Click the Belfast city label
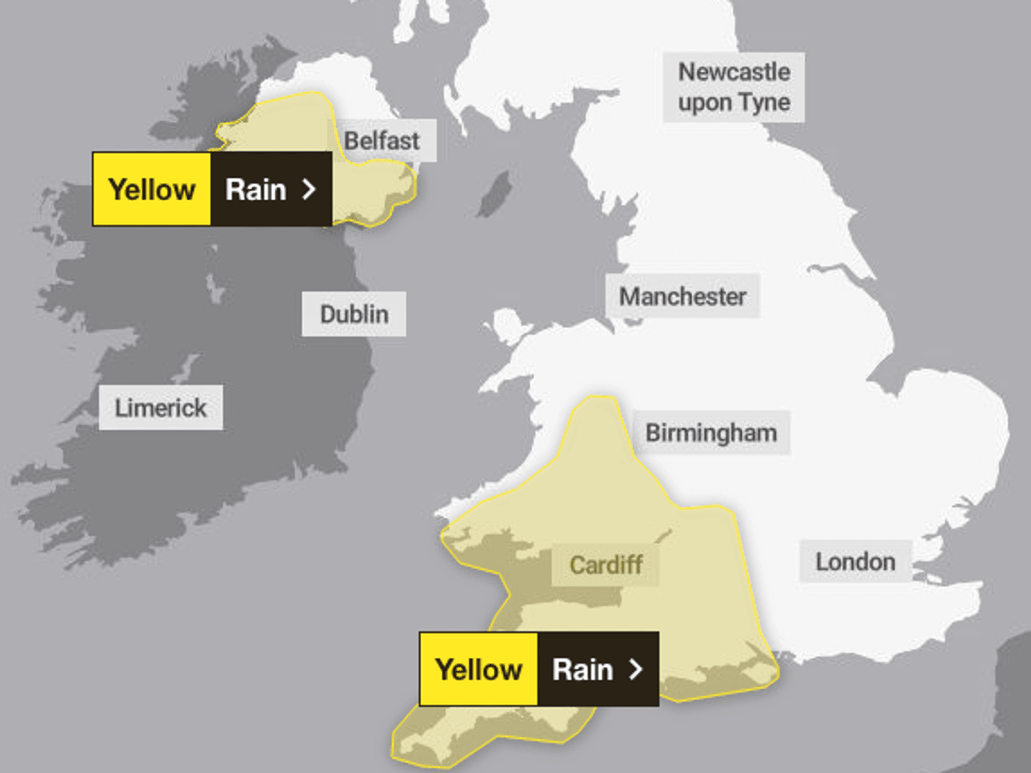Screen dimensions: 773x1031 pos(382,140)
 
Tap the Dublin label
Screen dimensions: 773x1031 pos(354,314)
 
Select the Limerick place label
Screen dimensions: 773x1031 pos(161,407)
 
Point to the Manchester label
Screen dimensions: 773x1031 pos(683,296)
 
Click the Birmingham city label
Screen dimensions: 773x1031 pos(711,432)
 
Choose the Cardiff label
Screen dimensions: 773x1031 pos(606,564)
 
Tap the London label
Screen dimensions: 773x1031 pos(855,561)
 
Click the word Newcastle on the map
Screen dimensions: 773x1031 pos(734,72)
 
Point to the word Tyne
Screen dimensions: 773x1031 pos(764,102)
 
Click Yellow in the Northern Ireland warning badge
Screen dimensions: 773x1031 pos(152,189)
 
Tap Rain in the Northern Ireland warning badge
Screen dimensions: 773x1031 pos(256,189)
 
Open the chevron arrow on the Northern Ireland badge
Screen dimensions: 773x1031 pos(309,189)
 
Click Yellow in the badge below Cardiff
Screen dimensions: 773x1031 pos(478,669)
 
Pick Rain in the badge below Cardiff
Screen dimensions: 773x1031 pos(583,669)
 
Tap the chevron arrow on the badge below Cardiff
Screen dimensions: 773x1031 pos(636,669)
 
